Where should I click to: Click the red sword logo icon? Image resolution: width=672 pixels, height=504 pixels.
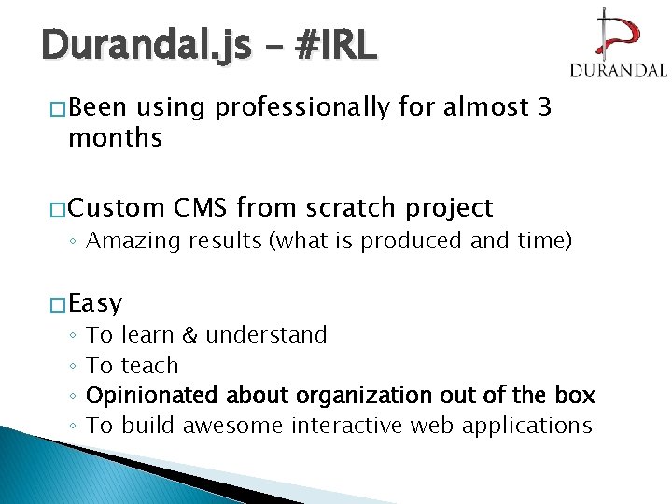pyautogui.click(x=617, y=35)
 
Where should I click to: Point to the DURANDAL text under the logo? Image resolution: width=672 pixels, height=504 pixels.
pyautogui.click(x=617, y=70)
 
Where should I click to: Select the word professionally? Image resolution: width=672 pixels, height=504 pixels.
pyautogui.click(x=301, y=108)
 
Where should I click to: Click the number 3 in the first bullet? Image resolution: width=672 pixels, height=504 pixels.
pyautogui.click(x=545, y=108)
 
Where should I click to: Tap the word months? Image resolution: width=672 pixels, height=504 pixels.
pyautogui.click(x=115, y=139)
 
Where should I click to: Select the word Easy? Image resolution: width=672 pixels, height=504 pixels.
pyautogui.click(x=95, y=303)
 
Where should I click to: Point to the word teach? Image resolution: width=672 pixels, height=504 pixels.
pyautogui.click(x=149, y=366)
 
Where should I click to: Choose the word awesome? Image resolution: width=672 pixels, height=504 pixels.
pyautogui.click(x=233, y=426)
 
